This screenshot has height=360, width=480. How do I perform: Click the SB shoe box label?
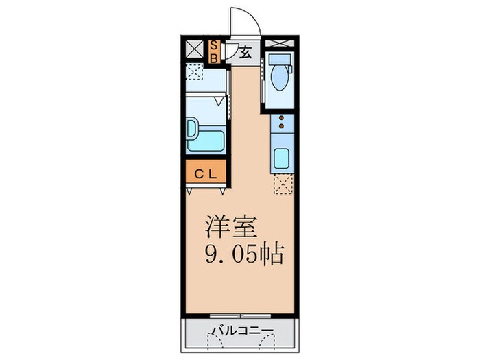point(213,51)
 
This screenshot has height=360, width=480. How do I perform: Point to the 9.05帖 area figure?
point(244,256)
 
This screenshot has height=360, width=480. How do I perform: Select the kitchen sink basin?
point(283,158)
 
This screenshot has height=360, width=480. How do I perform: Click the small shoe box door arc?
point(230,52)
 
